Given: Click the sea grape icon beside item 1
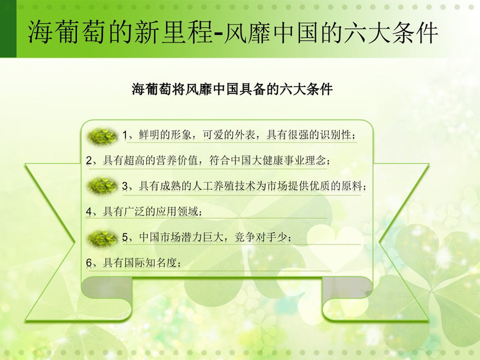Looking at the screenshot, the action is click(x=102, y=136).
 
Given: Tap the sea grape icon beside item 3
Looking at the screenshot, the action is click(x=102, y=186).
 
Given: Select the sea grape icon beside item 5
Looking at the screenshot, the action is click(x=102, y=238).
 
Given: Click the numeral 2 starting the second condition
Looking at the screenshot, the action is click(x=89, y=161).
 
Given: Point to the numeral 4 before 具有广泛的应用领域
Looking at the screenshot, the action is click(x=89, y=212).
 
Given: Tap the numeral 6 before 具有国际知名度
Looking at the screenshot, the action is click(x=89, y=263).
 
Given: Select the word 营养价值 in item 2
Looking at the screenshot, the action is click(x=177, y=160).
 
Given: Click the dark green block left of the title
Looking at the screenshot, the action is click(x=8, y=29).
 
